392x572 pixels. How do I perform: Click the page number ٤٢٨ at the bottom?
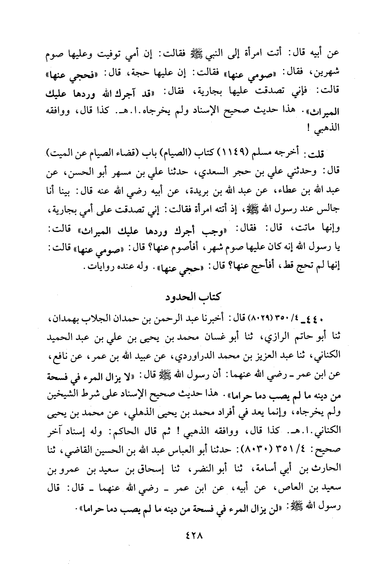point(196,537)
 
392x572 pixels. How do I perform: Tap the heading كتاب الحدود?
point(196,297)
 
